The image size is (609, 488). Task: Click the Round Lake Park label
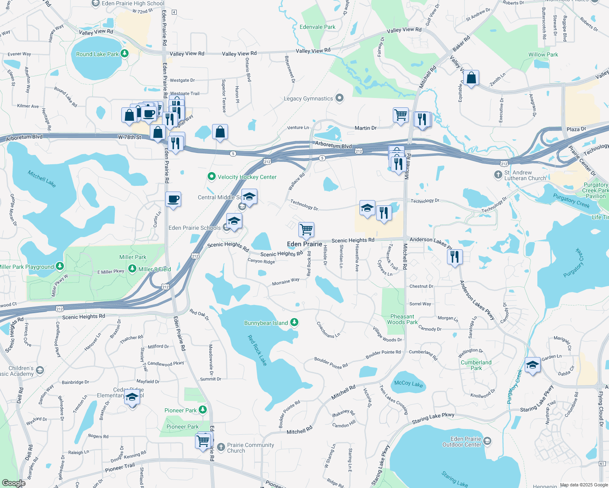click(x=97, y=54)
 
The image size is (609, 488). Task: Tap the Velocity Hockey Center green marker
click(x=211, y=176)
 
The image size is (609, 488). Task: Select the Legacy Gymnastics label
click(x=308, y=98)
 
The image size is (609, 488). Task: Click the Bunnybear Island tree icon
click(x=294, y=322)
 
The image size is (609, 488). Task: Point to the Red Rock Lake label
click(x=257, y=350)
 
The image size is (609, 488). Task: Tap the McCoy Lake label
click(x=408, y=383)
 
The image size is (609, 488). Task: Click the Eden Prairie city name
click(x=304, y=244)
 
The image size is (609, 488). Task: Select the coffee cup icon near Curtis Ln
click(x=173, y=199)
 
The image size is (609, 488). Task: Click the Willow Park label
click(x=543, y=54)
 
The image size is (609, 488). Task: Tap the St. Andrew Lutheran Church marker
click(x=498, y=175)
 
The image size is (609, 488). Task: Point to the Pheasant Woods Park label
click(x=402, y=319)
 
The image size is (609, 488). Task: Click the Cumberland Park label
click(x=476, y=365)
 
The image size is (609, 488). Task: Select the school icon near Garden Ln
click(x=532, y=365)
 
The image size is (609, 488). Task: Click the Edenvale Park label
click(x=318, y=27)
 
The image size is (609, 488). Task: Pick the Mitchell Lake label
click(x=42, y=179)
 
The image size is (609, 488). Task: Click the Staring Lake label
click(x=455, y=479)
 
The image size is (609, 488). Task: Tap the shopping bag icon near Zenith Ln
click(x=471, y=78)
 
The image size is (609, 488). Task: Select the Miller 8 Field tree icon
click(x=132, y=268)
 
